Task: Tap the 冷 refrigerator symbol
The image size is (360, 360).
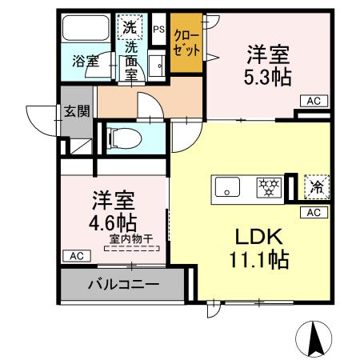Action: (x=316, y=188)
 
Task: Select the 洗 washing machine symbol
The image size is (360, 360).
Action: (x=130, y=26)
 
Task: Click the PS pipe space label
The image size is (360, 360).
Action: (x=158, y=30)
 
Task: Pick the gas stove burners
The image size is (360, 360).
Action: (x=270, y=188)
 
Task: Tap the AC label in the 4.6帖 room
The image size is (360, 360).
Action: (x=74, y=255)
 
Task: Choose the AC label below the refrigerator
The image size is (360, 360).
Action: (x=314, y=212)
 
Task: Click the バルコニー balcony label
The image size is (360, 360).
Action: (x=122, y=284)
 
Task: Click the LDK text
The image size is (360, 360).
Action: (x=258, y=236)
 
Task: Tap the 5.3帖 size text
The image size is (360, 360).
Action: (x=266, y=78)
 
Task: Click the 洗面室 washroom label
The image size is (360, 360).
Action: (x=130, y=62)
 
